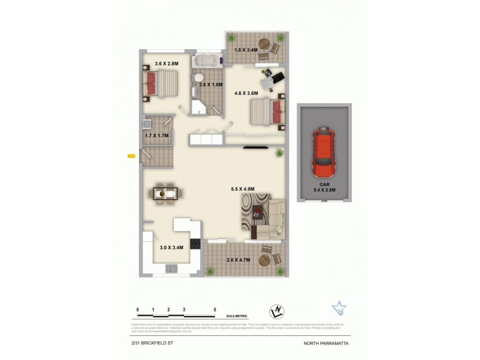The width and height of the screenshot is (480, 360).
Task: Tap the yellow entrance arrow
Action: (131, 157)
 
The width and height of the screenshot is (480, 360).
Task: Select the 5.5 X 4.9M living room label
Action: (243, 190)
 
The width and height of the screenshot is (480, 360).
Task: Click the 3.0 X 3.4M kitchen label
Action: (171, 247)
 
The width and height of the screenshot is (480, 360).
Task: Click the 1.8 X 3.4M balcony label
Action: (246, 50)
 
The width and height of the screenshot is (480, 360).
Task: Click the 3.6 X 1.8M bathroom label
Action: (211, 85)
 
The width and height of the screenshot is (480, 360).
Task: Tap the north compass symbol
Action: (277, 311)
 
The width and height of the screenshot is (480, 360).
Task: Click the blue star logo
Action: (340, 308)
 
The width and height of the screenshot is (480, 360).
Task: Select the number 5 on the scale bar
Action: (215, 310)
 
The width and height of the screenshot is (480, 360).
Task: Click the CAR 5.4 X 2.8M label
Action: (324, 187)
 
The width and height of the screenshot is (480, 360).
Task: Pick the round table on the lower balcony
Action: (264, 260)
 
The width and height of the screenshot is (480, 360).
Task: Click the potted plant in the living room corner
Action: (279, 154)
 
